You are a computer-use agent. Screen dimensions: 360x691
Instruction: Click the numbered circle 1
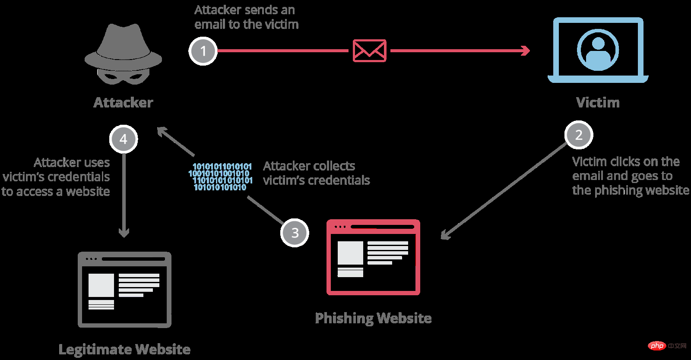point(203,51)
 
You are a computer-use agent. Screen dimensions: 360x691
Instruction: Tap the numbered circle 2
point(579,135)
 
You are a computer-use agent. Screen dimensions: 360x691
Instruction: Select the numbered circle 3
point(295,233)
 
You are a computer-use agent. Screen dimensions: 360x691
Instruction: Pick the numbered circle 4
point(124,139)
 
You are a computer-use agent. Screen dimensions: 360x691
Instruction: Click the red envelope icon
point(369,51)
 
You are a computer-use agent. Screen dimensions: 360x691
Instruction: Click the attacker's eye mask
point(123,77)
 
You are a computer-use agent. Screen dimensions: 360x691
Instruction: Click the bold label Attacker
point(124,103)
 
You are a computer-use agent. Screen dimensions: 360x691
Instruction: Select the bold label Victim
point(598,103)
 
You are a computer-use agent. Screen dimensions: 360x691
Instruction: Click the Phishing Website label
point(373,318)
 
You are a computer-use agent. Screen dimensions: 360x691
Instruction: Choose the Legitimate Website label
point(124,349)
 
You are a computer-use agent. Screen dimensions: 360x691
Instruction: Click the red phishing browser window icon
point(373,257)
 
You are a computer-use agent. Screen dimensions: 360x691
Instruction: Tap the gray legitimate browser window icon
point(124,290)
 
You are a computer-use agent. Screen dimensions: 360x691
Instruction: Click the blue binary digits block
point(221,177)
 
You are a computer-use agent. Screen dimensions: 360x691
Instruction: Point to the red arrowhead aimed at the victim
point(526,51)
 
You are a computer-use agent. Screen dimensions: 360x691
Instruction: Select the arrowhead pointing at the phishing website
point(445,235)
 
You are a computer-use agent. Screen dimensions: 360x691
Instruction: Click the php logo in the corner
point(657,346)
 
